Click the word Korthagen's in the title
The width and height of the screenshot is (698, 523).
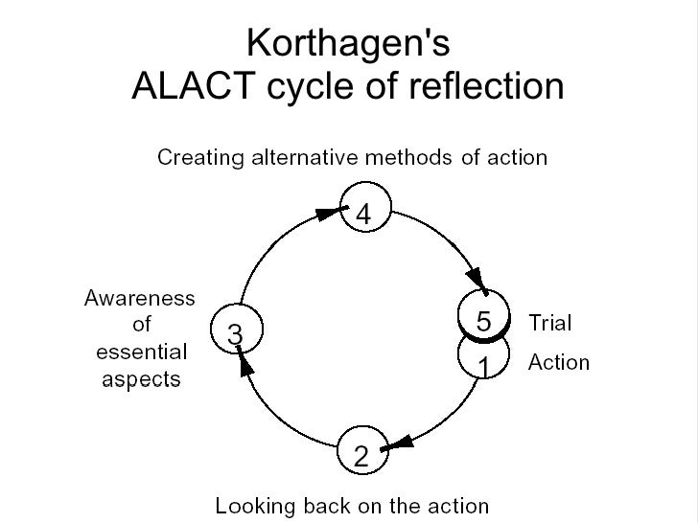348,43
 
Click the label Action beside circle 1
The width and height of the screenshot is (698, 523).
559,363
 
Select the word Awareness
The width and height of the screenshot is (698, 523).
140,298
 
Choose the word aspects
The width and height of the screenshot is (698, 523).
141,378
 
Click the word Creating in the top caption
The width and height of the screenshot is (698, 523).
199,156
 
